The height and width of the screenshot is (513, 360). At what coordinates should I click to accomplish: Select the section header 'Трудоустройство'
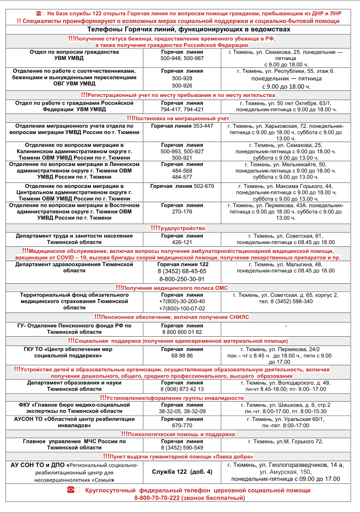(180, 228)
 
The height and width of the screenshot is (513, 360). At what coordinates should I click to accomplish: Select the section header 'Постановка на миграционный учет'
(180, 118)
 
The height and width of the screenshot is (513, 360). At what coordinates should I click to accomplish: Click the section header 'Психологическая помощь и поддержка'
(181, 434)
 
